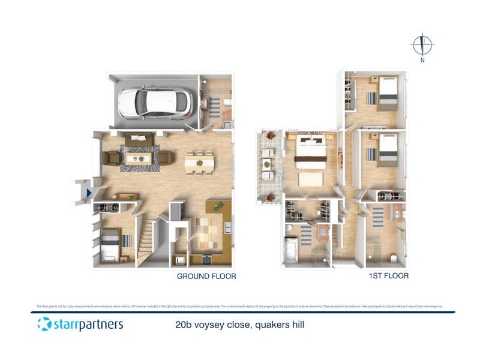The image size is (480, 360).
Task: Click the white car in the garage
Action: (x=155, y=103)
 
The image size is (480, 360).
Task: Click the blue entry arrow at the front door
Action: (x=89, y=193)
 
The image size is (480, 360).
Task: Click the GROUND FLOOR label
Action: (x=206, y=277)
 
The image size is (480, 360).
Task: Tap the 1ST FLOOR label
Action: (x=389, y=276)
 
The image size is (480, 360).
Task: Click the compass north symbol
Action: (x=422, y=44)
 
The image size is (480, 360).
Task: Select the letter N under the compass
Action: (x=422, y=60)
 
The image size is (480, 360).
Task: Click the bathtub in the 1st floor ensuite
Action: (x=290, y=250)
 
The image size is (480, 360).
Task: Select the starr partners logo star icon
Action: (x=44, y=324)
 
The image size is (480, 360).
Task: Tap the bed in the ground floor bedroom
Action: (x=112, y=245)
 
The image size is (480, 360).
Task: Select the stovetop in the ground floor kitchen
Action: (x=208, y=260)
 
